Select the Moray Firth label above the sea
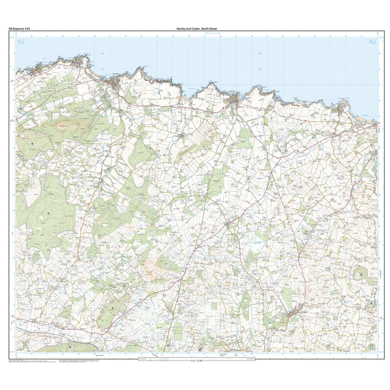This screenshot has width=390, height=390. [x=202, y=34]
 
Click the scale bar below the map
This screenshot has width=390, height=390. [x=196, y=358]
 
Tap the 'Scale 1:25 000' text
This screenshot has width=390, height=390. [x=196, y=361]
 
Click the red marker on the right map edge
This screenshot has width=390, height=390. [x=379, y=123]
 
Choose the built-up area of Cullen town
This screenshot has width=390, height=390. [x=113, y=82]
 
